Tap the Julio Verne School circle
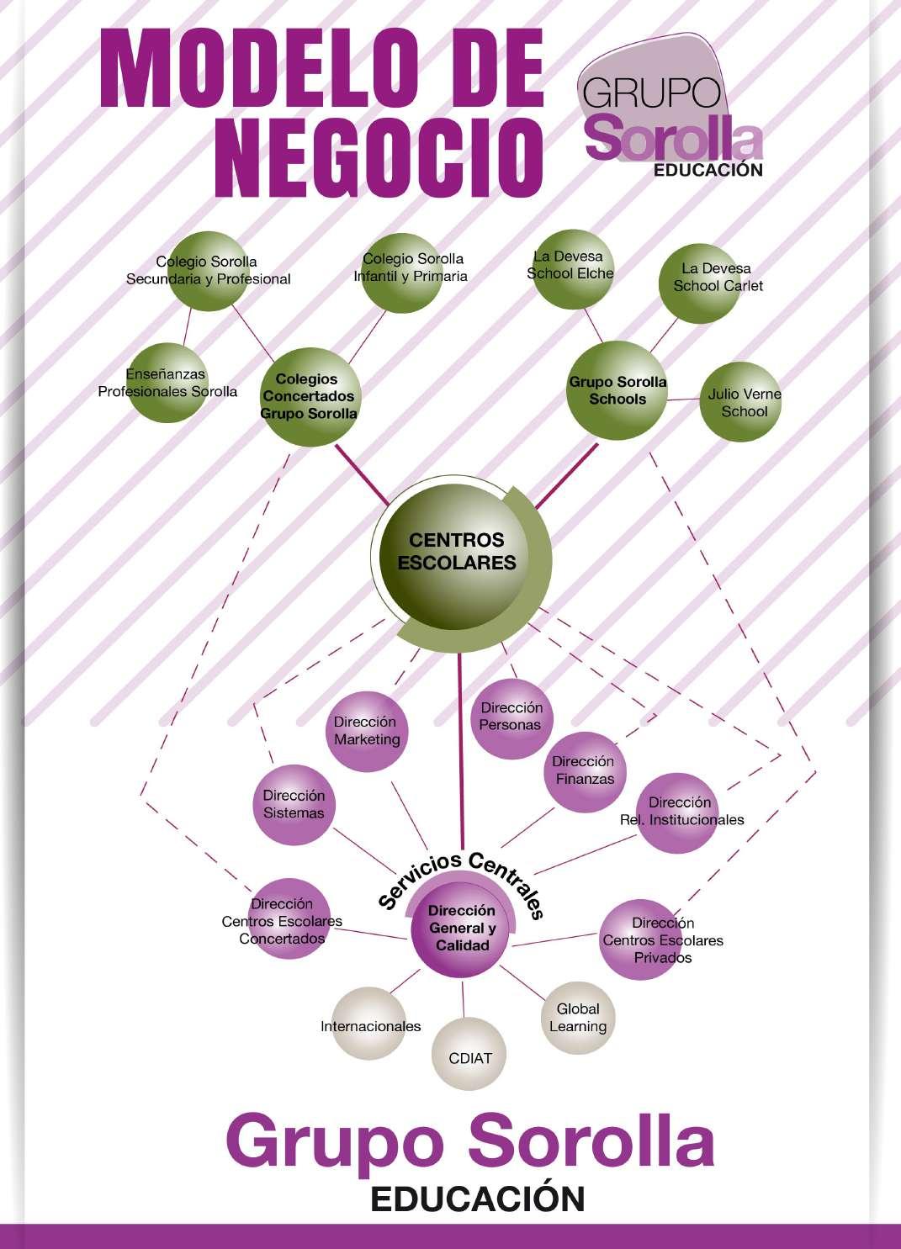[x=741, y=403]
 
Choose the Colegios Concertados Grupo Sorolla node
[x=310, y=396]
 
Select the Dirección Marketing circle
[x=366, y=731]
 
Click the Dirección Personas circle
[x=511, y=717]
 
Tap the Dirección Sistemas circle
[x=293, y=804]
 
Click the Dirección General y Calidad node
[x=462, y=928]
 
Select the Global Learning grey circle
[x=578, y=1018]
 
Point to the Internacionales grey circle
[x=370, y=1026]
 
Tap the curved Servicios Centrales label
[x=462, y=875]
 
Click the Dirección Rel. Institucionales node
[x=678, y=811]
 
